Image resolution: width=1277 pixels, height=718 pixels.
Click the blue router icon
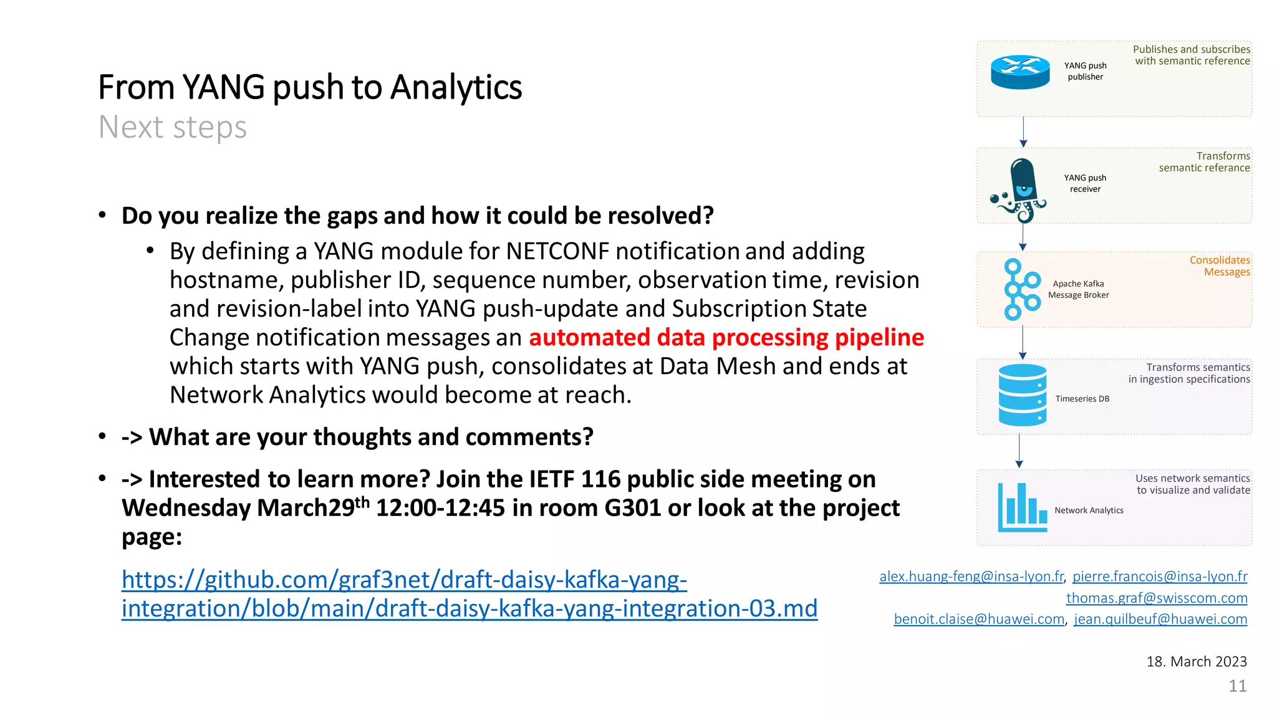[1020, 72]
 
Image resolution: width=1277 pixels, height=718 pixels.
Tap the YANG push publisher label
[1085, 71]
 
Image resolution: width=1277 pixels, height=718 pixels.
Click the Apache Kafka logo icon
[1021, 289]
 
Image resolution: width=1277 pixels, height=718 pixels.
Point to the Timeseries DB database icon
[1022, 395]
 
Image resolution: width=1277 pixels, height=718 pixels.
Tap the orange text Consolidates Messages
[1220, 266]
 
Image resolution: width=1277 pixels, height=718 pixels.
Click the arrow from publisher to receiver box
[1023, 132]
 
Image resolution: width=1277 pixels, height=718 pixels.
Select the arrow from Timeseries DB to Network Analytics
[1019, 451]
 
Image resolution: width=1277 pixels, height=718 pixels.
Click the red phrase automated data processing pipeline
[726, 337]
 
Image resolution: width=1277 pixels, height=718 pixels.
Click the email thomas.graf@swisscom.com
[1156, 598]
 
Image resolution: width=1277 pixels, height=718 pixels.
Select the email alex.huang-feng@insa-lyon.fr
[971, 577]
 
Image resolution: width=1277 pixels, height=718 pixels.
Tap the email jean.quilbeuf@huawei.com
[1160, 619]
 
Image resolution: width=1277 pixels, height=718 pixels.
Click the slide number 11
[1237, 686]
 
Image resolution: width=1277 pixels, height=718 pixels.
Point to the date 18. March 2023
[1196, 661]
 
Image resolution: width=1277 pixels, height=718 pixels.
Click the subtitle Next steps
[173, 127]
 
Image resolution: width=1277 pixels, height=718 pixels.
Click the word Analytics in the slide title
[456, 87]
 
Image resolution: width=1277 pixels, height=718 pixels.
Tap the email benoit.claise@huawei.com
[978, 619]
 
